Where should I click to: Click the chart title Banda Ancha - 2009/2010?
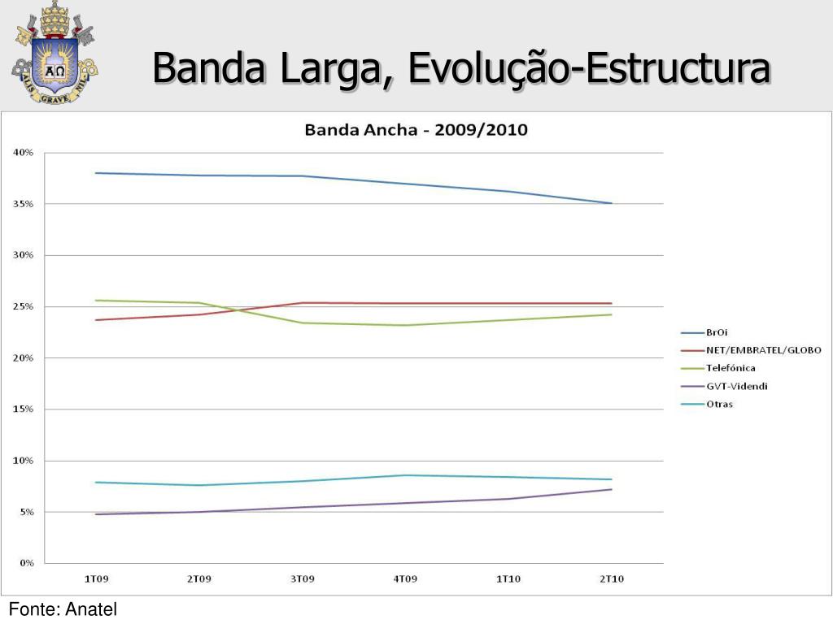[x=416, y=129]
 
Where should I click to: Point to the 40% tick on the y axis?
[x=23, y=153]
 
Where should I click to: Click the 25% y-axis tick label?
[x=23, y=307]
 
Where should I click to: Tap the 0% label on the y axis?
[x=25, y=563]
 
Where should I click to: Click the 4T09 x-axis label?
[x=405, y=578]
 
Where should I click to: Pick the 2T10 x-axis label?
[x=611, y=578]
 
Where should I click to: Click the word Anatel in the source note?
[x=90, y=609]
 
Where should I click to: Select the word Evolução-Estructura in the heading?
[x=589, y=68]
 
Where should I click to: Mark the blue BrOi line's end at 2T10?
[x=612, y=203]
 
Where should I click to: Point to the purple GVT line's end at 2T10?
[x=612, y=489]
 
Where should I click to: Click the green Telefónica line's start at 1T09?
[x=96, y=301]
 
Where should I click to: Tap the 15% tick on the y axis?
[x=23, y=409]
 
